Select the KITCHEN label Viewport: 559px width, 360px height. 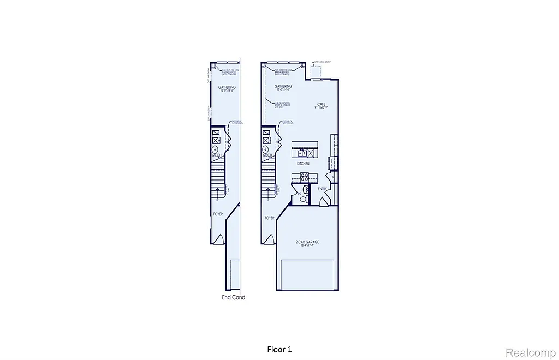point(303,164)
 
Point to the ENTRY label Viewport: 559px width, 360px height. point(322,189)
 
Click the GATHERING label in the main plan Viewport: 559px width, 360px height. point(283,86)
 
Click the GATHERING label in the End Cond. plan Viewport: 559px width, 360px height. point(227,87)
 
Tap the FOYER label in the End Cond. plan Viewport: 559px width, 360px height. point(218,214)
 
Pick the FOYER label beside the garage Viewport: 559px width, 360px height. point(269,218)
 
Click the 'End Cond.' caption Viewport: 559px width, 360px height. point(234,298)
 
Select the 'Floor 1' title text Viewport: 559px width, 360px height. point(283,349)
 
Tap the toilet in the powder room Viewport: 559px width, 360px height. point(304,199)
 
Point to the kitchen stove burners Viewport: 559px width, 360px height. point(305,176)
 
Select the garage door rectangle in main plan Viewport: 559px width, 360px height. point(307,274)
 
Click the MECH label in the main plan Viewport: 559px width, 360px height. point(267,155)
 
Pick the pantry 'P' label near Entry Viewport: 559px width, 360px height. point(332,178)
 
